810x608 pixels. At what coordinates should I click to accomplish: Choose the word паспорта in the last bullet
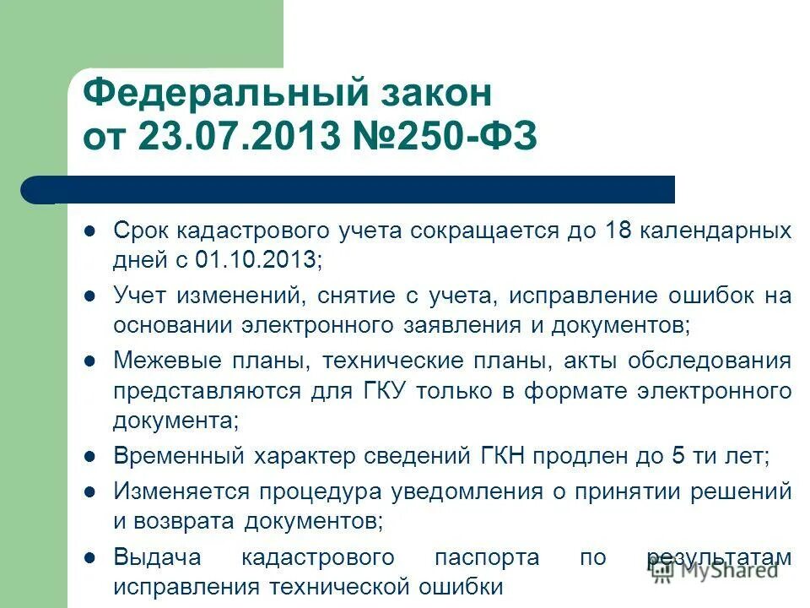click(488, 557)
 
